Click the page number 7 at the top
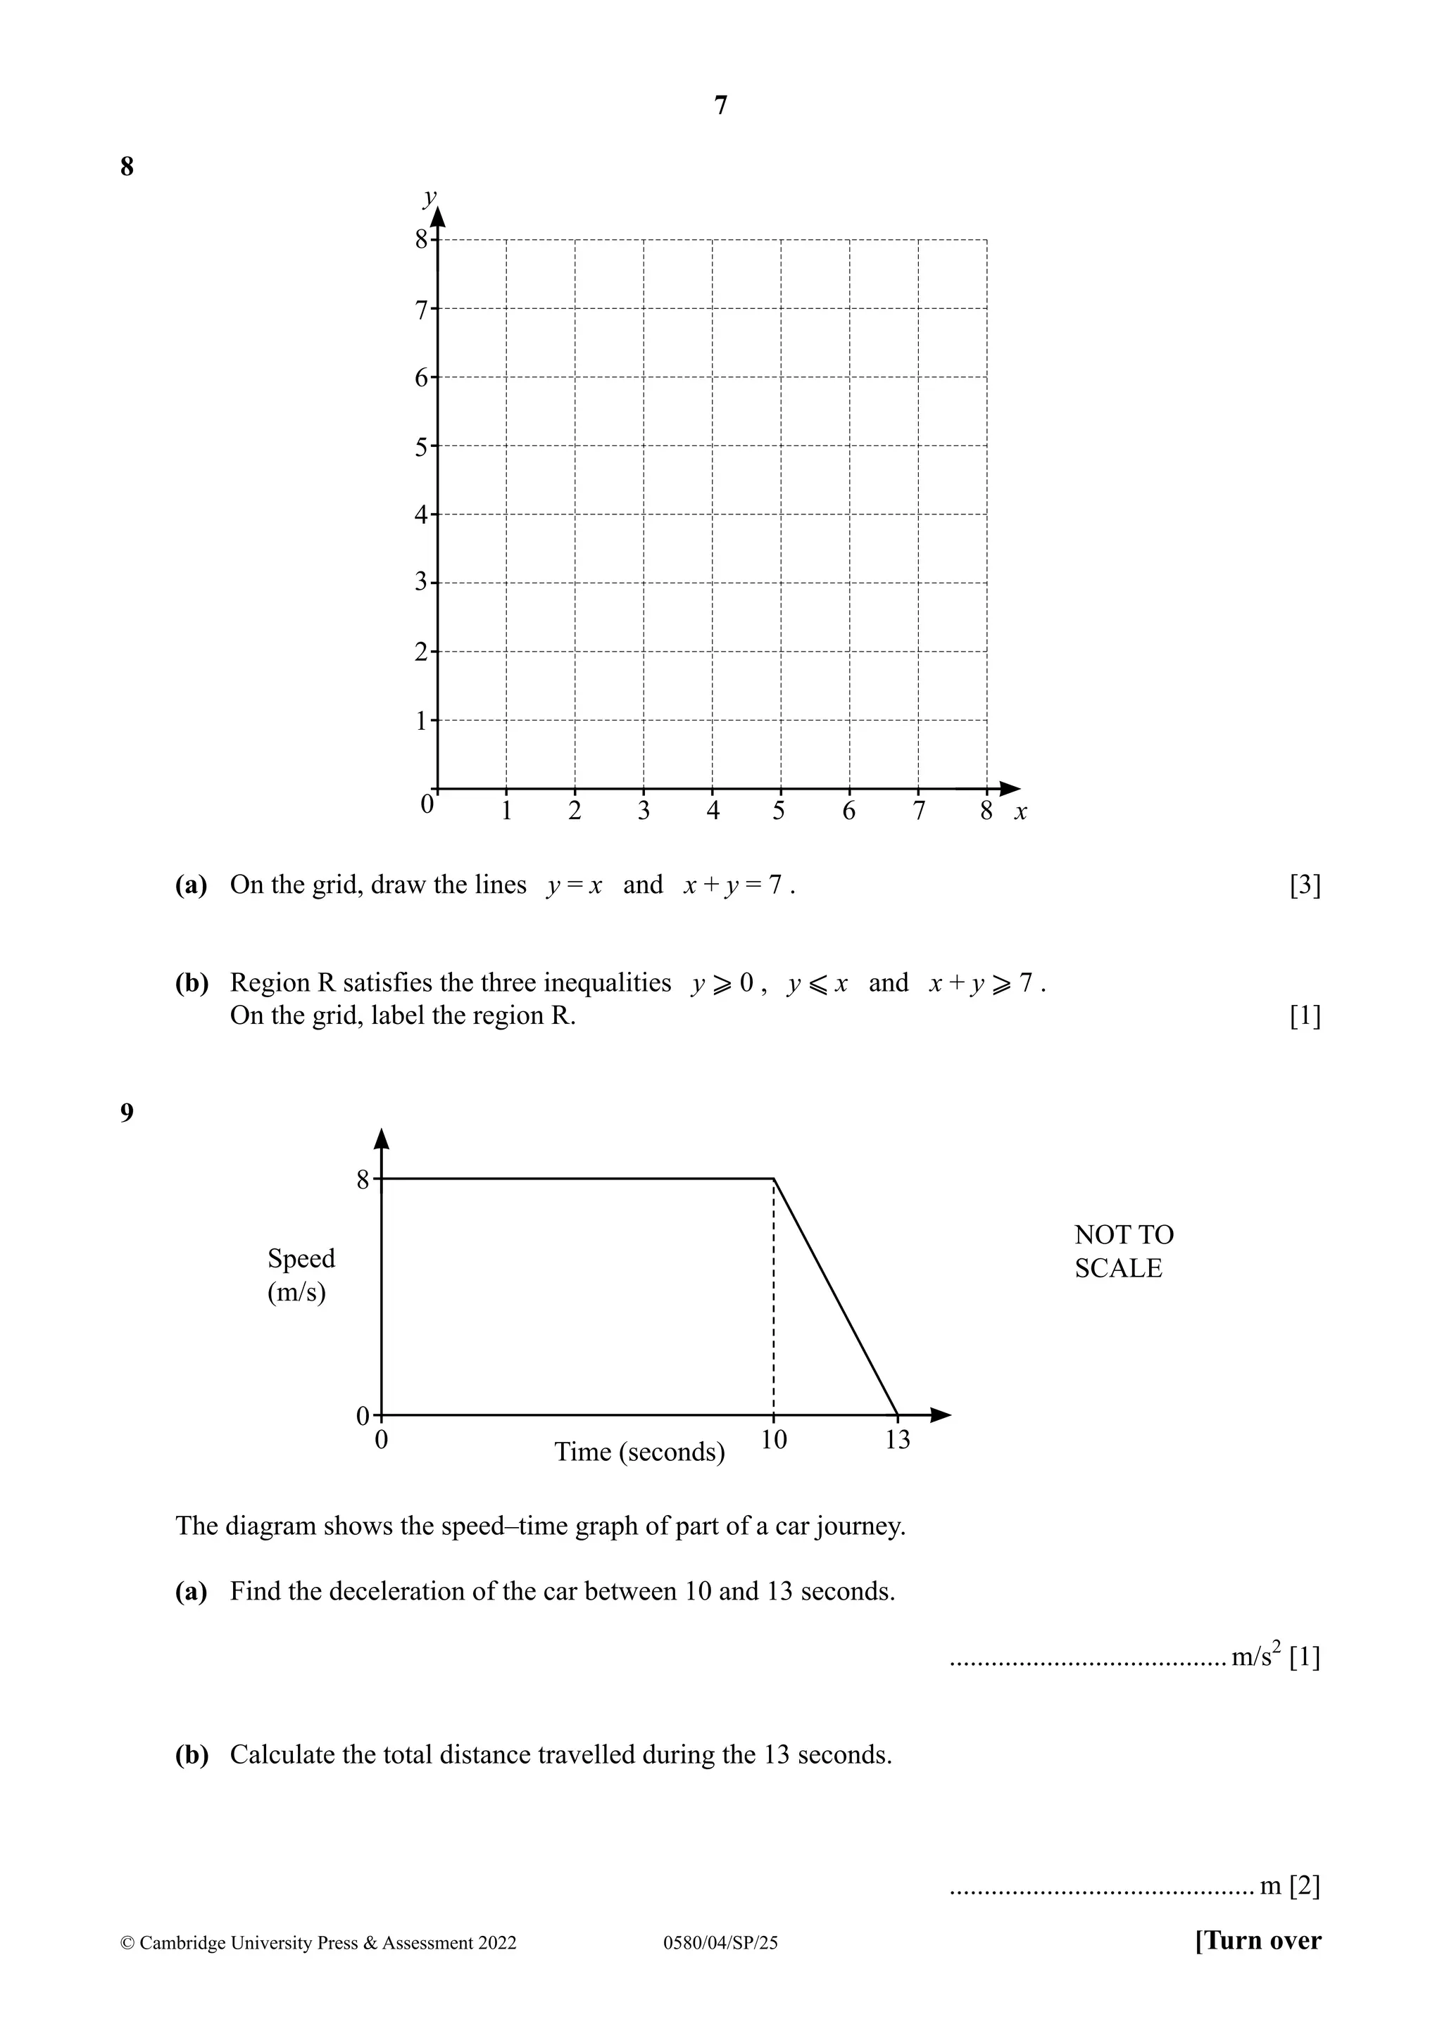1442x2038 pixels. coord(720,106)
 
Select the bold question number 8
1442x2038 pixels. coord(127,166)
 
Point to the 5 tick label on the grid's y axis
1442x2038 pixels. coord(422,446)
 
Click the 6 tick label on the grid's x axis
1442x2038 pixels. coord(849,811)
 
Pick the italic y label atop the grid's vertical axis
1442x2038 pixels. coord(430,196)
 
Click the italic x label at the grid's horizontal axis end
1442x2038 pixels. coord(1020,812)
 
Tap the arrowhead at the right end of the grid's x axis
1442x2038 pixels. coord(1010,788)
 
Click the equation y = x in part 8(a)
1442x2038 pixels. coord(574,885)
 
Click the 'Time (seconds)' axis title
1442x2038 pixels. coord(639,1452)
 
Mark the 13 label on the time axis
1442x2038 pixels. coord(898,1440)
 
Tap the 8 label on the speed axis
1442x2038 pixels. coord(363,1179)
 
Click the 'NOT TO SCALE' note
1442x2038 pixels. coord(1123,1251)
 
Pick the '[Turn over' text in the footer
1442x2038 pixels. coord(1258,1942)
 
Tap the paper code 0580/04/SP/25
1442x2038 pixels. coord(720,1943)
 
